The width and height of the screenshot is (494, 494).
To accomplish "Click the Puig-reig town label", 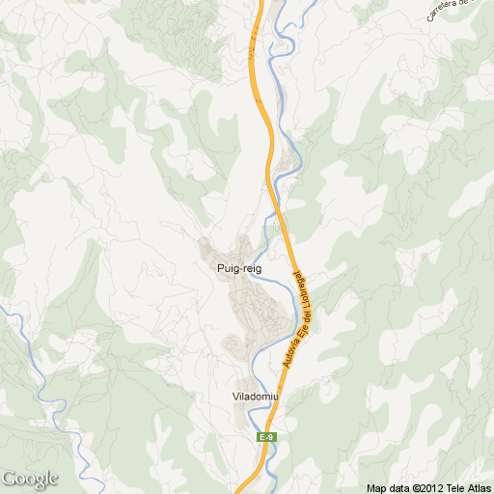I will click(239, 269).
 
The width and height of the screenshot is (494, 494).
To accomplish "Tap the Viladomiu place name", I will click(256, 398).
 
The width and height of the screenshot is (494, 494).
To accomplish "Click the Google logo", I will click(29, 479).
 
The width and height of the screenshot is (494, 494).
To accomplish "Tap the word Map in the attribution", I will click(376, 488).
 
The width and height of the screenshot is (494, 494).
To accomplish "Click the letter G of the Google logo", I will click(9, 479).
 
